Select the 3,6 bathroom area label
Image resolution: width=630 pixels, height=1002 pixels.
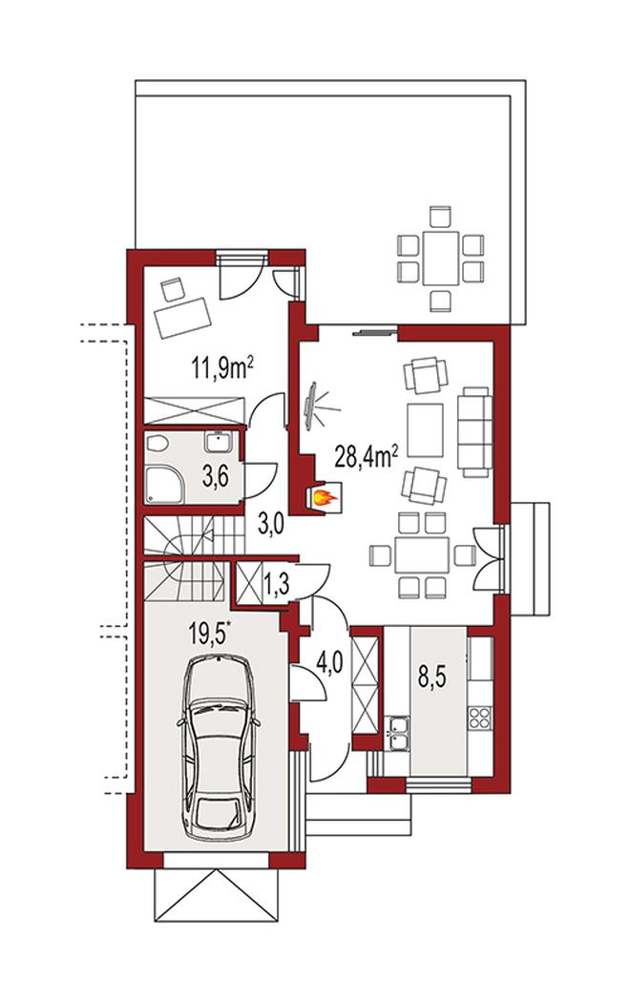coord(216,476)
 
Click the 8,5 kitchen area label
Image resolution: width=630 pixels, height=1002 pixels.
coord(431,678)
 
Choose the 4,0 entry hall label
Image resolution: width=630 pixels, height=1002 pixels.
coord(329,664)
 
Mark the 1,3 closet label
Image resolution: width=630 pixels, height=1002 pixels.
coord(276,582)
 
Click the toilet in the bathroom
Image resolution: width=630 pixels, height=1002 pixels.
coord(157,443)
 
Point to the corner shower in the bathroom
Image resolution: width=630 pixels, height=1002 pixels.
coord(165,484)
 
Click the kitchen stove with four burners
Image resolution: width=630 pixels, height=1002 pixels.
coord(480,719)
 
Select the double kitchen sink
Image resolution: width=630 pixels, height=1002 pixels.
coord(399,732)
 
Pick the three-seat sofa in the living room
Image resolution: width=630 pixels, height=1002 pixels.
coord(475,431)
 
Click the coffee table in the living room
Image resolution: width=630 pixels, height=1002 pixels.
coord(425,430)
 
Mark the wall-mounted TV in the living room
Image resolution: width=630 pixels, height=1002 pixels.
coord(311,407)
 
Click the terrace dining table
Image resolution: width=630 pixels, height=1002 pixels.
coord(440,259)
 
